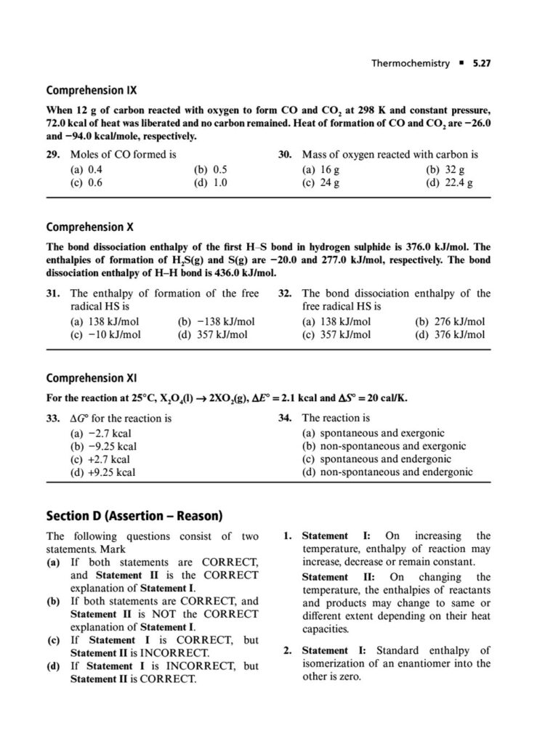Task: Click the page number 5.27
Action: coord(482,63)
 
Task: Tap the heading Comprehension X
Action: coord(89,227)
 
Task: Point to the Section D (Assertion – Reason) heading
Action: coord(134,516)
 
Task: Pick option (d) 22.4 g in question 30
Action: coord(449,183)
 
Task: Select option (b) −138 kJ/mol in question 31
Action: coord(216,321)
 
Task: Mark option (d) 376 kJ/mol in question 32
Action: coord(450,335)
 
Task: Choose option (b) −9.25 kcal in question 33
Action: coord(103,446)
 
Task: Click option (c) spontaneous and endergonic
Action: coord(376,459)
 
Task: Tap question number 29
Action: coord(52,155)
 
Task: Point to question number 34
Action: coord(286,418)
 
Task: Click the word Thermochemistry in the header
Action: coord(411,63)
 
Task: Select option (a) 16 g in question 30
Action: coord(316,169)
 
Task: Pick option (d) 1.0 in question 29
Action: coord(211,183)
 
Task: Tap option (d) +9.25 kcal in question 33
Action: coord(103,473)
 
